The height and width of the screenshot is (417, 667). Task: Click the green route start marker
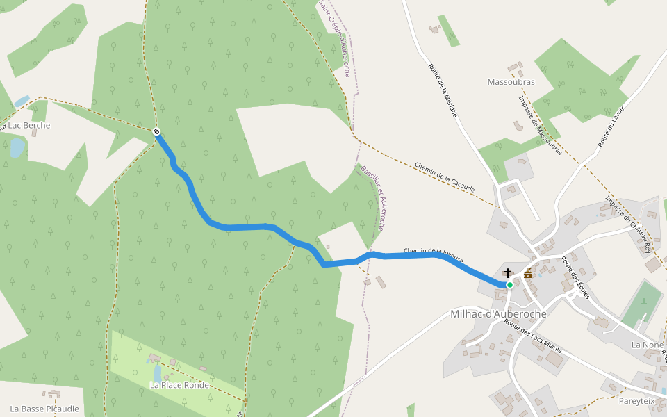pos(509,285)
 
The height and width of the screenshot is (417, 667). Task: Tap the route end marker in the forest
pos(157,131)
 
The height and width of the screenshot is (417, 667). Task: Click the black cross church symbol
pos(508,273)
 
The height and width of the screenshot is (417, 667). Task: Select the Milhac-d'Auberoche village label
pos(498,314)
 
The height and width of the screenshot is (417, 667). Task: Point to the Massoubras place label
pos(511,82)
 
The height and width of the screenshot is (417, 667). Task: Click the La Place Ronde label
pos(179,385)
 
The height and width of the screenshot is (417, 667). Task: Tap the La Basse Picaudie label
pos(44,409)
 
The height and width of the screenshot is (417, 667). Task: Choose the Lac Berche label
pos(26,126)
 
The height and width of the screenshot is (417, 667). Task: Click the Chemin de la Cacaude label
pos(445,177)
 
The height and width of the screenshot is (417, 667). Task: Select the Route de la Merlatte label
pos(443,90)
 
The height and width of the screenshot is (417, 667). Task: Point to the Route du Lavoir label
pos(611,126)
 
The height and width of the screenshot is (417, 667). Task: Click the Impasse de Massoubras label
pos(539,125)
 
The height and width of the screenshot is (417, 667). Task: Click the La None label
pos(647,345)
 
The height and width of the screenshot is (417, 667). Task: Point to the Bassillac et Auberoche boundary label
pos(373,198)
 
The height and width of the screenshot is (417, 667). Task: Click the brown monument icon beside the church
pos(528,274)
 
